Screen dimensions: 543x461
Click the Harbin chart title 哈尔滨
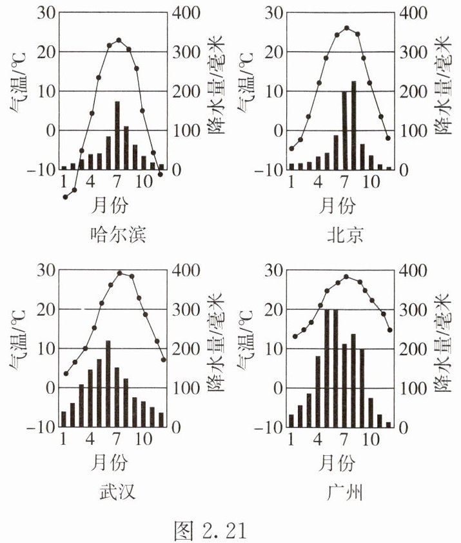[x=118, y=234]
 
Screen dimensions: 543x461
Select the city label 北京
[x=346, y=234]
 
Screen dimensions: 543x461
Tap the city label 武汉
[x=118, y=493]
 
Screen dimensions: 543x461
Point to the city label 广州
[x=346, y=493]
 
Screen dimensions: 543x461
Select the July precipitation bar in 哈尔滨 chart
[x=117, y=136]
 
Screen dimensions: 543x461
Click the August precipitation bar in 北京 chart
[x=353, y=125]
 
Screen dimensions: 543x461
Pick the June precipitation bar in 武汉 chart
[x=108, y=384]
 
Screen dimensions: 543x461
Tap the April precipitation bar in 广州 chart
[x=318, y=391]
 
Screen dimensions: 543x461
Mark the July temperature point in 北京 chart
[x=346, y=28]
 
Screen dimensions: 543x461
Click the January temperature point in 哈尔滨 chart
[x=65, y=197]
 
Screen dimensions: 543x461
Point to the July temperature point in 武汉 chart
[x=119, y=273]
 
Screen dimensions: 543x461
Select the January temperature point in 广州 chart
[x=295, y=336]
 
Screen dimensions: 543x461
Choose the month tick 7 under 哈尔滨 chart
[x=117, y=181]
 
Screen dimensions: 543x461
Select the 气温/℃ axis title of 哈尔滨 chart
[x=17, y=91]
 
